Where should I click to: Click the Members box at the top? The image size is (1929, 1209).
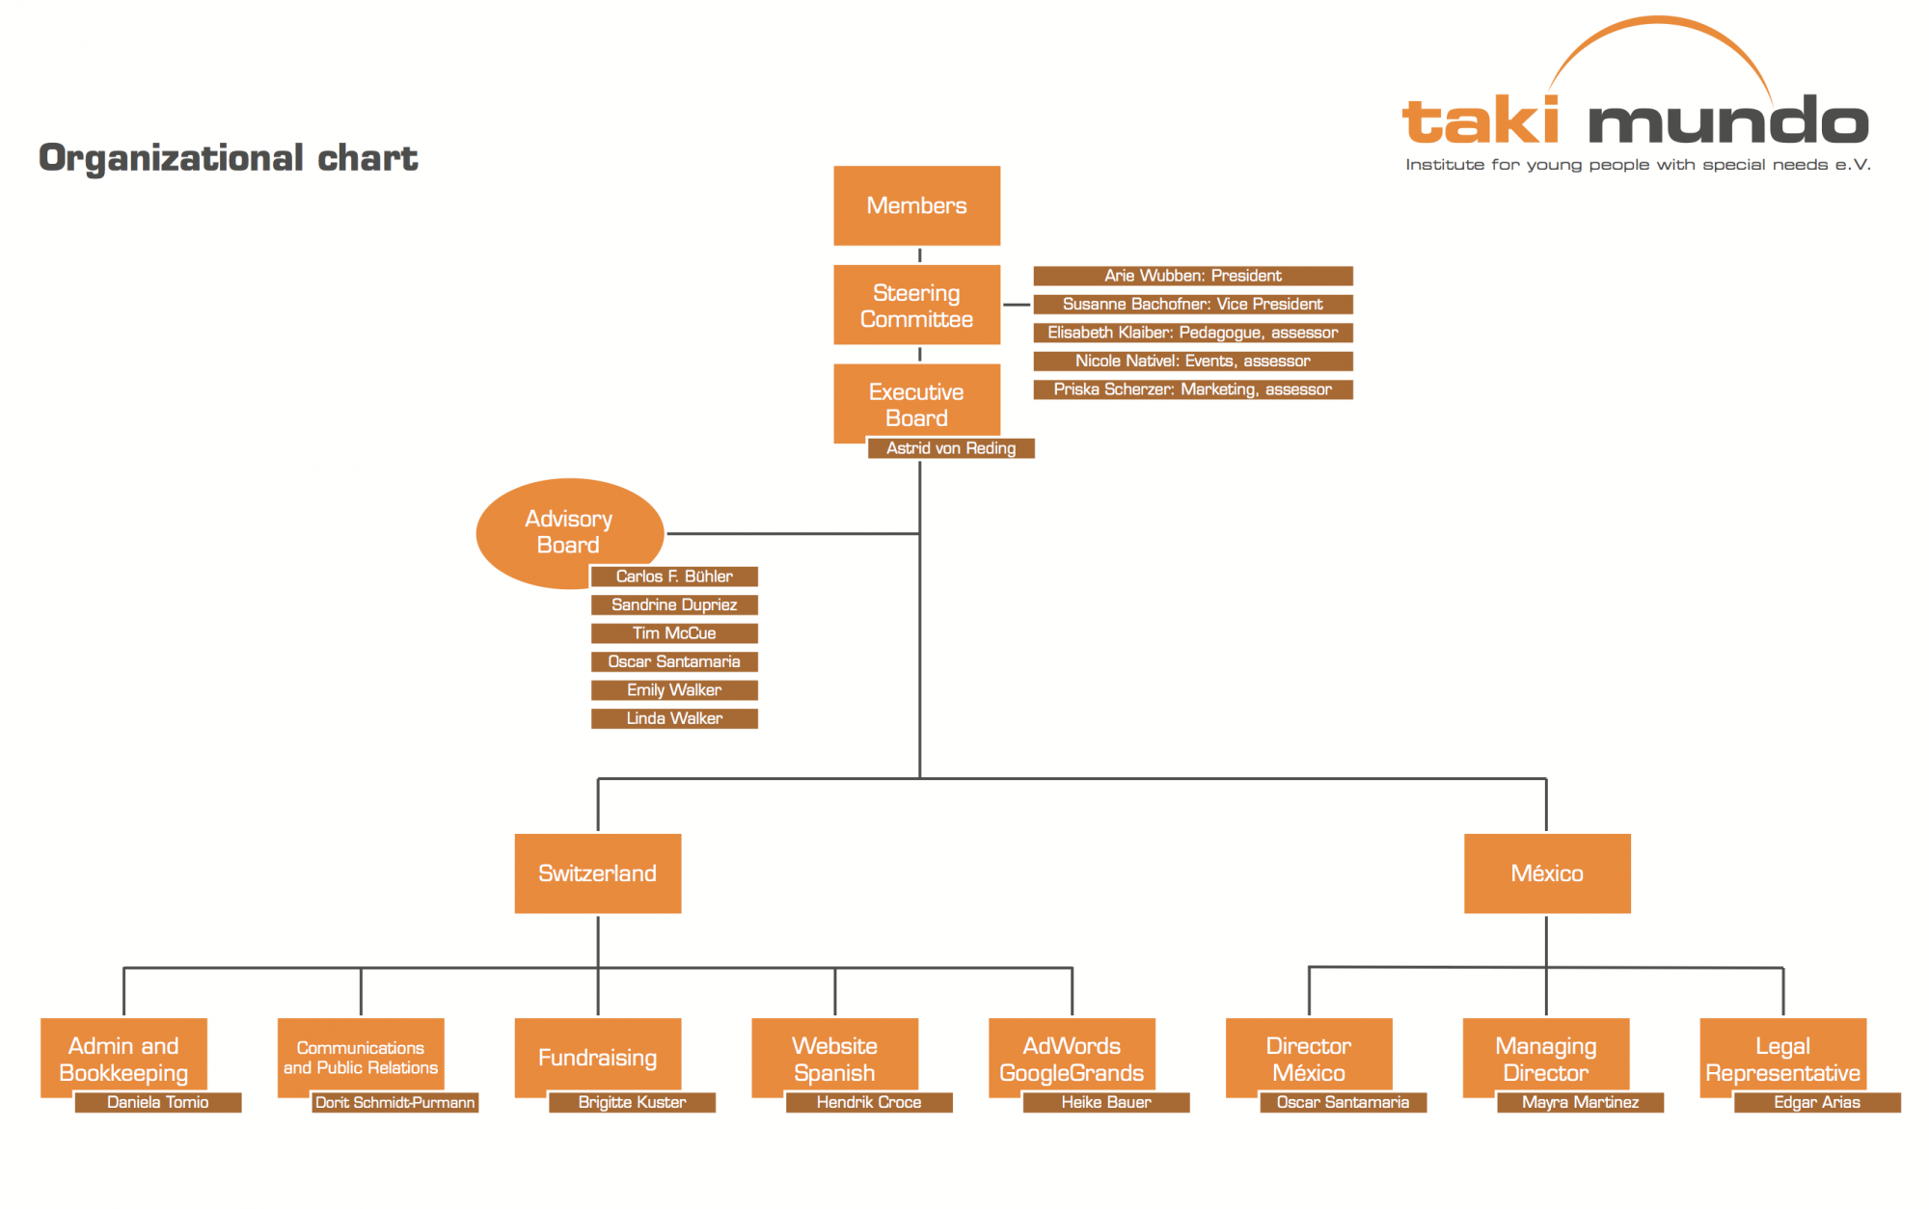click(916, 205)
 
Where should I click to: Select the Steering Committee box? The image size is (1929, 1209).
click(916, 305)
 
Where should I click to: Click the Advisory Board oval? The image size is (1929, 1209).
click(570, 532)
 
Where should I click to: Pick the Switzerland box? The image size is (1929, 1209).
click(598, 873)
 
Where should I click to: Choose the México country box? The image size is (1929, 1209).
click(1547, 873)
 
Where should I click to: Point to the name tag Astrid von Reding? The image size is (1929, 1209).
click(951, 448)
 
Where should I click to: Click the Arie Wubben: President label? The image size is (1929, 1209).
click(1193, 276)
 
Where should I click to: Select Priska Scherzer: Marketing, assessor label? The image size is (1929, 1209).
click(1193, 390)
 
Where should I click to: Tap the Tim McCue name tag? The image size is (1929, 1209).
click(674, 633)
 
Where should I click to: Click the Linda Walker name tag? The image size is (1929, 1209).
click(674, 718)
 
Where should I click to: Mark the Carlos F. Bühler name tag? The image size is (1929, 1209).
click(674, 577)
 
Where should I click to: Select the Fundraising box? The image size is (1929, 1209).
click(598, 1057)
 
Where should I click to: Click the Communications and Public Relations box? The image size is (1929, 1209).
click(361, 1057)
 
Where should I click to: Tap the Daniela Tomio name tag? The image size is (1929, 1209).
click(158, 1102)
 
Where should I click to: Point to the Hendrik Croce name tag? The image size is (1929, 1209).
click(869, 1102)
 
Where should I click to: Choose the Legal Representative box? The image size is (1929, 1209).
click(1782, 1057)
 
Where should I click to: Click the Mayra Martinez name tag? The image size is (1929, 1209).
click(1580, 1102)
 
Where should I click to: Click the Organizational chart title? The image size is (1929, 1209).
click(228, 158)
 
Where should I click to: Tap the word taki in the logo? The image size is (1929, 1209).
click(1481, 121)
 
